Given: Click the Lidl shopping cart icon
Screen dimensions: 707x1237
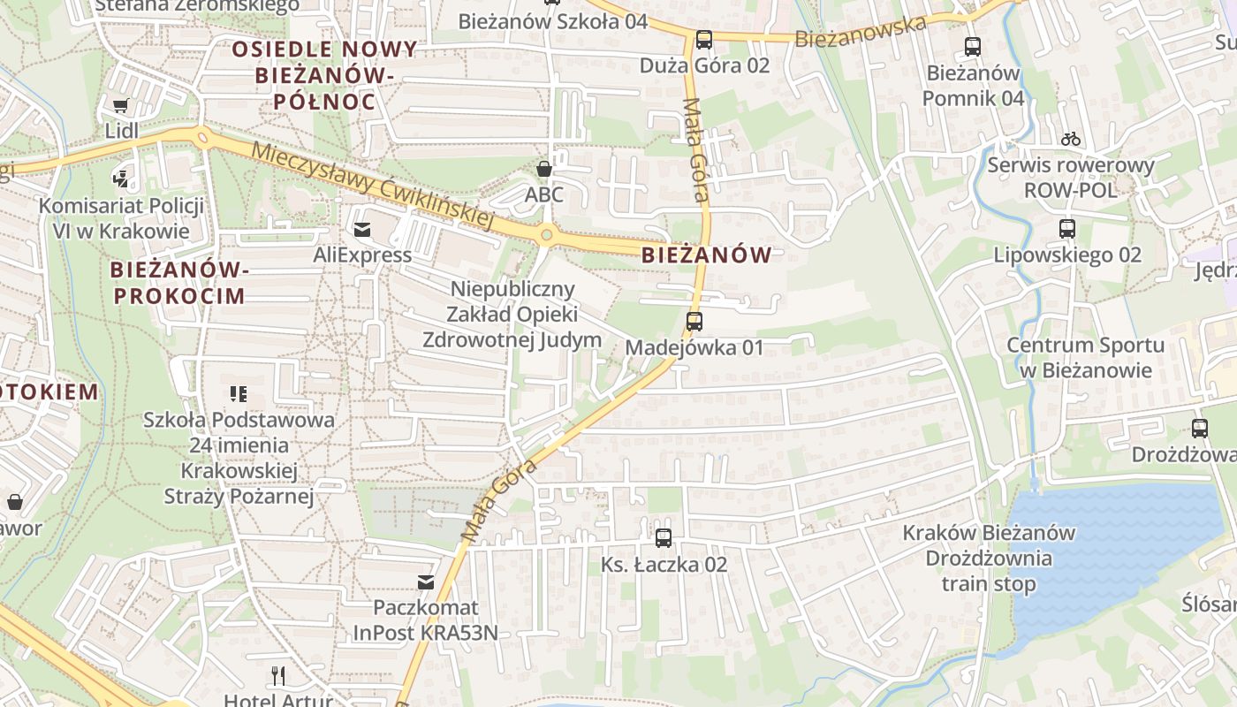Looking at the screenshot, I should pos(121,106).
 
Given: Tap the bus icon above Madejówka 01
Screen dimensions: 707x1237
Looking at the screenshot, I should pos(694,322).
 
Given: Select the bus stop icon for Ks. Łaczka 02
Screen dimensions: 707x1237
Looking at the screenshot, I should pos(664,537).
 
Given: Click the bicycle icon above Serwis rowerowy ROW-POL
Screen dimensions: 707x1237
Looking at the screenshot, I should pos(1071,139).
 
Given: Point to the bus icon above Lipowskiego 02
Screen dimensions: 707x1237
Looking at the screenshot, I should pos(1067,229).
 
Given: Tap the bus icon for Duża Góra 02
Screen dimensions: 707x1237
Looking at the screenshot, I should pos(704,40).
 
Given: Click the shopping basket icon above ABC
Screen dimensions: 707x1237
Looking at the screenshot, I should pos(544,168).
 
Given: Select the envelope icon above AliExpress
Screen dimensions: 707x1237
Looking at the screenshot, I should pos(362,230).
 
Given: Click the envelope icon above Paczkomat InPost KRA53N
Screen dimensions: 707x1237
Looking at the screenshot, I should pos(426,582).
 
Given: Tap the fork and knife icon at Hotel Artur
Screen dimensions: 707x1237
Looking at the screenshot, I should pos(278,677).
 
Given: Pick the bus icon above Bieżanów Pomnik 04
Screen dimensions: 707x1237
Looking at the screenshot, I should pos(973,47).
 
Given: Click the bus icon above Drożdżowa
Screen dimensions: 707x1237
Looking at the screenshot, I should pos(1200,429).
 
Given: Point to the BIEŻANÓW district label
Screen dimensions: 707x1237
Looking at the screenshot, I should pos(706,255).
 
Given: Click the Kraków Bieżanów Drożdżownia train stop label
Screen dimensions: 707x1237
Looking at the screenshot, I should pos(989,558).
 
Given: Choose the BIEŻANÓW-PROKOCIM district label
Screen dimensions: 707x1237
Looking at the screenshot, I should pos(178,282).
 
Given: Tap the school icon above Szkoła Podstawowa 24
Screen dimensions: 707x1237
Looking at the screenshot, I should pos(238,394).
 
